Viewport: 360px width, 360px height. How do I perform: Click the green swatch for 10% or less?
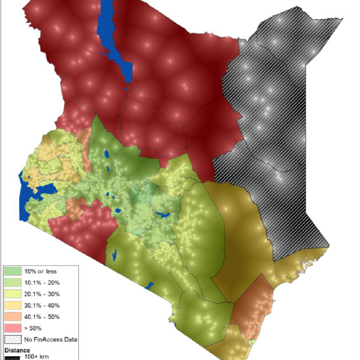(x=14, y=270)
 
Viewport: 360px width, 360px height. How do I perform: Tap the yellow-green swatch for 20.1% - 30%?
(x=14, y=293)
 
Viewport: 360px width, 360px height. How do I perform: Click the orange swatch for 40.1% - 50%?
(x=14, y=316)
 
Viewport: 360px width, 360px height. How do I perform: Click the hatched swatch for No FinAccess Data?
(x=14, y=339)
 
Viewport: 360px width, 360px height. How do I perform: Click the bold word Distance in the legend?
(x=17, y=349)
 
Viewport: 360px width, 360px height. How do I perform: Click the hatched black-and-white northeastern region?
(x=281, y=114)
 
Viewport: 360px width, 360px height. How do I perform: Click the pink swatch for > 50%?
(x=14, y=327)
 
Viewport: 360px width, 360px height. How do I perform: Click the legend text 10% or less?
(x=40, y=270)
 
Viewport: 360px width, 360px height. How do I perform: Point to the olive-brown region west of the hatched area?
(x=235, y=228)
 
